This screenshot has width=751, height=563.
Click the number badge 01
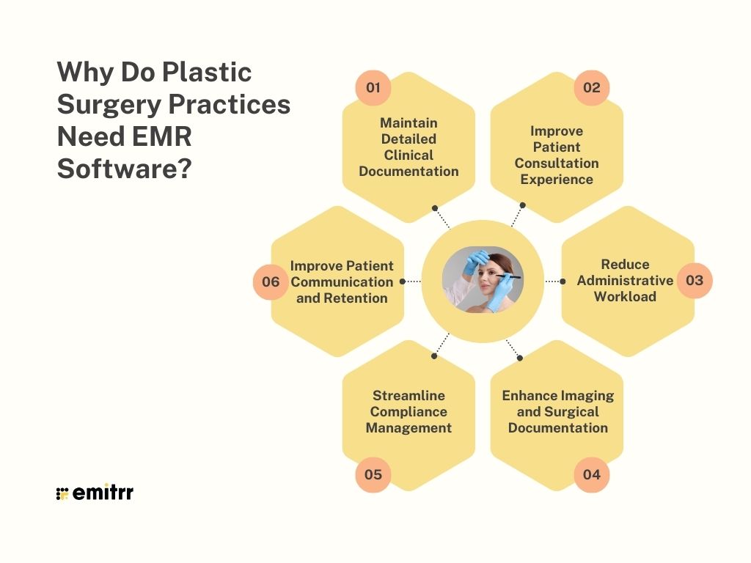coord(373,88)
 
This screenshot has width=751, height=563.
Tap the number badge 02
coord(592,88)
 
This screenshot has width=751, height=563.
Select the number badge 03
coord(694,280)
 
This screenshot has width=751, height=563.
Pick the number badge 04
coord(592,474)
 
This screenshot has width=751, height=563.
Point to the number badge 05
coord(373,474)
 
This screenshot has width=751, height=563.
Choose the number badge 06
coord(271,281)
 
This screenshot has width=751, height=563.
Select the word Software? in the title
coord(124,169)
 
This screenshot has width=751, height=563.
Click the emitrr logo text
coord(103,493)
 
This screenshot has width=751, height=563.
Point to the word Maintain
coord(409,122)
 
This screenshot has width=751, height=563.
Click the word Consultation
coord(557,163)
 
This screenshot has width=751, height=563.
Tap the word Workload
coord(625,296)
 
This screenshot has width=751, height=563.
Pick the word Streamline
coord(409,395)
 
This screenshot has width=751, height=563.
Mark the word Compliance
coord(409,411)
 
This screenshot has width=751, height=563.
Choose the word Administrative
coord(625,280)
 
